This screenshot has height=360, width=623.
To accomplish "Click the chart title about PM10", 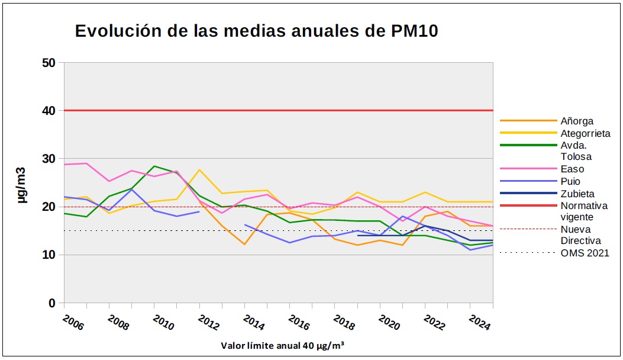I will pos(256,31).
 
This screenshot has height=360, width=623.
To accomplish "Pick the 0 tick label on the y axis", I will pos(51,303).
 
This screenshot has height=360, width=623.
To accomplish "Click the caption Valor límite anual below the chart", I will pos(282,346).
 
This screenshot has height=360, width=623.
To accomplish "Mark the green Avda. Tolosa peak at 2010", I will pos(154,166).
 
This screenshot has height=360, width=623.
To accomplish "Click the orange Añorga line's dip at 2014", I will pos(244,244).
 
